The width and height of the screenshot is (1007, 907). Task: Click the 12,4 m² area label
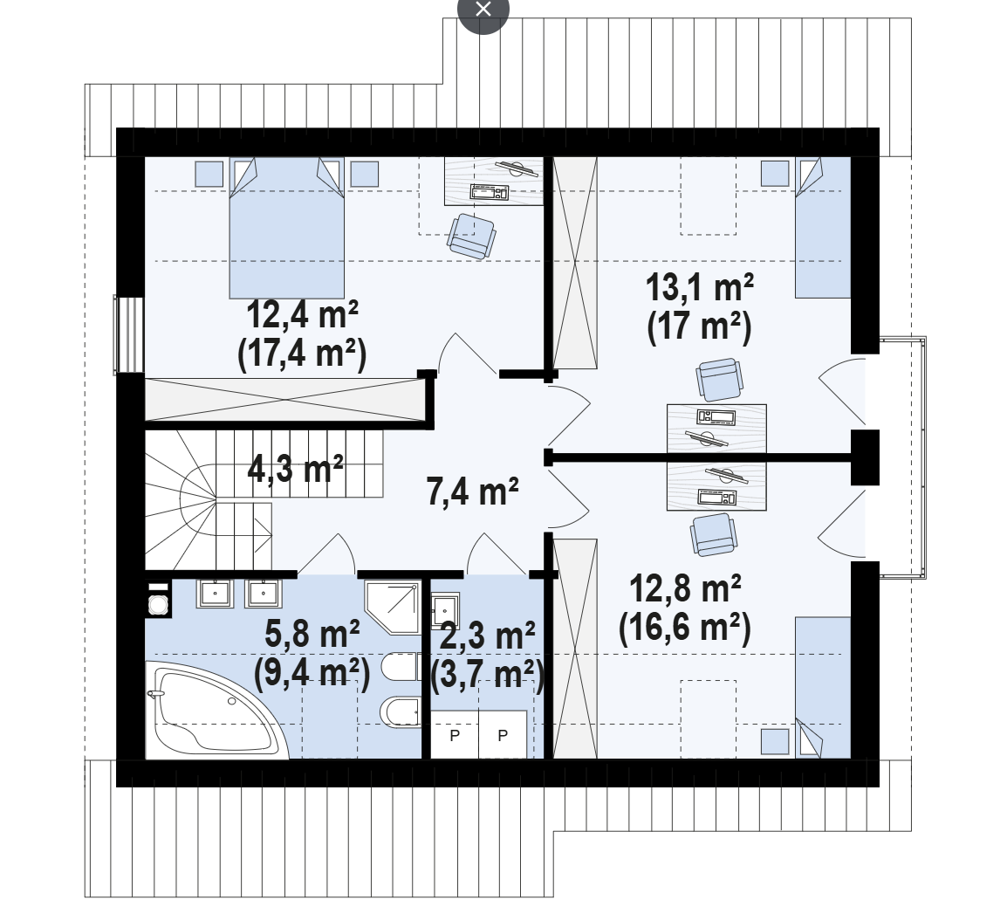click(x=303, y=315)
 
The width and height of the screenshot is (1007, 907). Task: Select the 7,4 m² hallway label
click(x=473, y=492)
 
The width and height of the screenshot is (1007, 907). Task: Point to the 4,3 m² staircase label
click(x=296, y=468)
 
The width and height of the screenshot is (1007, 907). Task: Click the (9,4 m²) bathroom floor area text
click(x=312, y=673)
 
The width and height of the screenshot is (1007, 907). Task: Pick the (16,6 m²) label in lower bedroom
click(x=685, y=628)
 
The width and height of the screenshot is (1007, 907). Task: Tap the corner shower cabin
click(x=393, y=608)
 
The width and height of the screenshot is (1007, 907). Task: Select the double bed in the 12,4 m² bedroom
click(x=286, y=228)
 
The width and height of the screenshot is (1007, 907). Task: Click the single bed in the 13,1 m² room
click(x=824, y=228)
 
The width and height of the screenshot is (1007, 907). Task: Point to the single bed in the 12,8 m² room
click(x=824, y=688)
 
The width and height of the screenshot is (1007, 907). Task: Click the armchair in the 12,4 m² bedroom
click(x=471, y=236)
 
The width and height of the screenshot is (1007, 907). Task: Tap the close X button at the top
click(x=483, y=10)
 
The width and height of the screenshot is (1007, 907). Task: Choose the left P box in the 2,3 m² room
click(x=455, y=735)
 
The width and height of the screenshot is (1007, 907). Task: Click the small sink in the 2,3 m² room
click(x=445, y=609)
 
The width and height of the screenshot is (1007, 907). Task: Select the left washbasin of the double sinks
click(x=216, y=593)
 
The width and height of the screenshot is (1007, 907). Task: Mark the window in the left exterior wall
click(x=128, y=334)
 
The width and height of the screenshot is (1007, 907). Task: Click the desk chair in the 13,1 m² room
click(x=720, y=380)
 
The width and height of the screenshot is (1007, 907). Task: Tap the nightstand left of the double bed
click(x=209, y=174)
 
